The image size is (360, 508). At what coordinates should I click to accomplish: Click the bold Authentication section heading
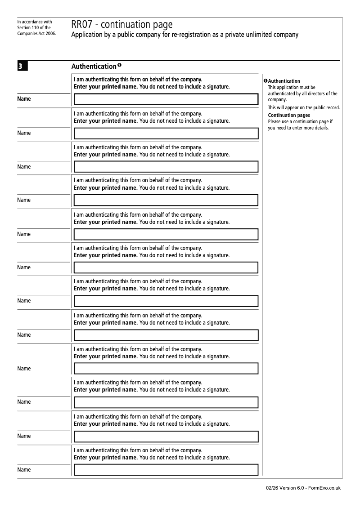[x=94, y=67]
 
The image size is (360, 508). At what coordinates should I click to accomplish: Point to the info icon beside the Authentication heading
[x=120, y=66]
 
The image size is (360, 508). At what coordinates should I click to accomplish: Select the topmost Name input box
[x=166, y=99]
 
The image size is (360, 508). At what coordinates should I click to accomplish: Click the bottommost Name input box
[x=166, y=470]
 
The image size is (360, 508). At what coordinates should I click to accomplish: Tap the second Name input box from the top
[x=166, y=134]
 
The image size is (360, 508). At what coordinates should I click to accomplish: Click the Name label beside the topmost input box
[x=24, y=99]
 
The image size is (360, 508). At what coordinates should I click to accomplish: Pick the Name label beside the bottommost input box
[x=24, y=470]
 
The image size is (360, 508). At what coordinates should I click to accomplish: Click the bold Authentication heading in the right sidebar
[x=284, y=81]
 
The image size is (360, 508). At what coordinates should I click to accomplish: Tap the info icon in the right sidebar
[x=265, y=81]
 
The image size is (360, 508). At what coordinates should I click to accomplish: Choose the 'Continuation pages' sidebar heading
[x=288, y=116]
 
